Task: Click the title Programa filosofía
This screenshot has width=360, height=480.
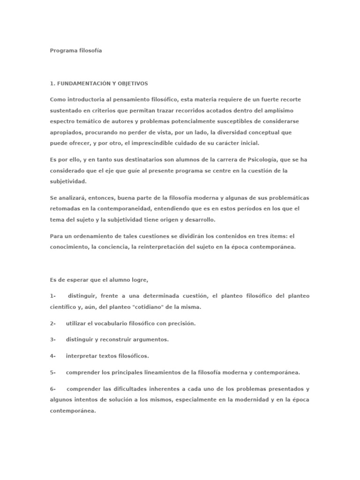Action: coord(75,51)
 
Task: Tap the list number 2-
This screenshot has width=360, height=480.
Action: coord(53,323)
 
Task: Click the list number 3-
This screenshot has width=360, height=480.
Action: coord(53,339)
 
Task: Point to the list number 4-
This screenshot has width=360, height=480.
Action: coord(53,356)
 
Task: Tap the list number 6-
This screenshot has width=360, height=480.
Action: coord(53,389)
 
